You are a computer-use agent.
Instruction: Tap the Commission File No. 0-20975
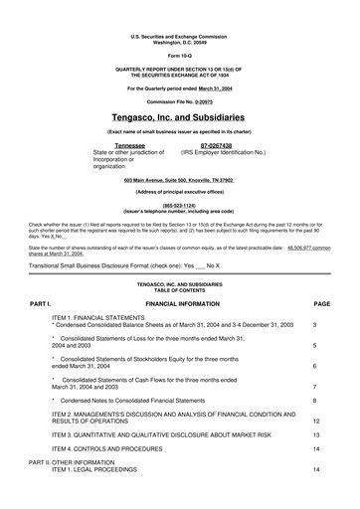pyautogui.click(x=179, y=100)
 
